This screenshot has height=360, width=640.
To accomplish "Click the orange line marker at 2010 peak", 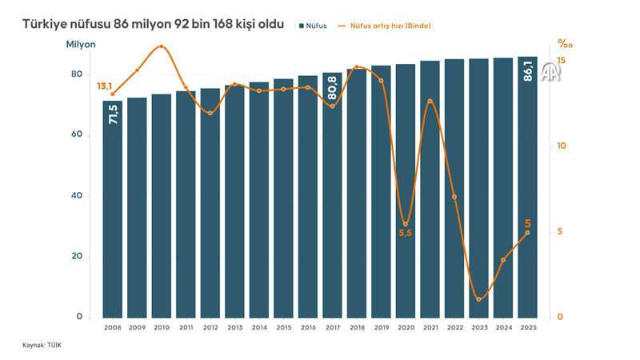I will tap(162, 46).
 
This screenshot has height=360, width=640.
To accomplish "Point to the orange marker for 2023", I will tap(478, 299).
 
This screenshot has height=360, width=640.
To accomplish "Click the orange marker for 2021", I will tap(430, 101).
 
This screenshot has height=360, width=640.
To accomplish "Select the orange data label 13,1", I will tap(104, 86).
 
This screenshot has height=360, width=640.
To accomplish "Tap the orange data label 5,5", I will tap(406, 234).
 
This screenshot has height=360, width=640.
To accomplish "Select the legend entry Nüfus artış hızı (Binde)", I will tap(385, 26).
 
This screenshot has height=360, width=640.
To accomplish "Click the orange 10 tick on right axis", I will tap(562, 146).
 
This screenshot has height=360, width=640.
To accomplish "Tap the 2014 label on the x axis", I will tap(259, 327).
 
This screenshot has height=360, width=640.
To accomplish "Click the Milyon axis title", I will tap(81, 45).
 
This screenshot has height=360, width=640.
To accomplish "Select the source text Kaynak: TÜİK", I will tap(42, 345).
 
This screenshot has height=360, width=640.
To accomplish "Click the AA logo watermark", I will tap(550, 74).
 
